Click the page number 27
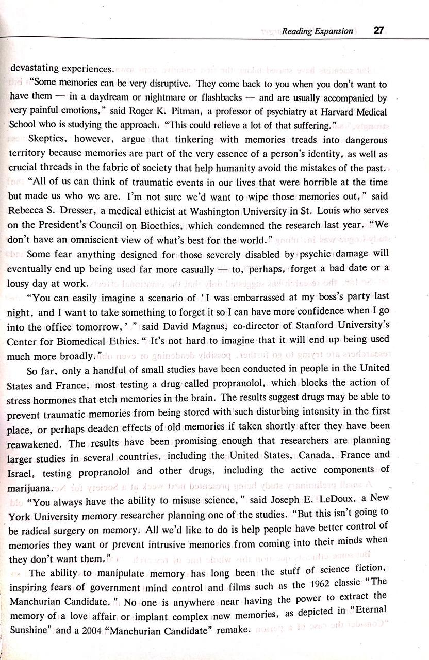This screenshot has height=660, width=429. pos(378,30)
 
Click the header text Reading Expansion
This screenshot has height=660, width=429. pos(317,31)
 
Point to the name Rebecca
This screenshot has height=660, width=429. pos(26,211)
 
